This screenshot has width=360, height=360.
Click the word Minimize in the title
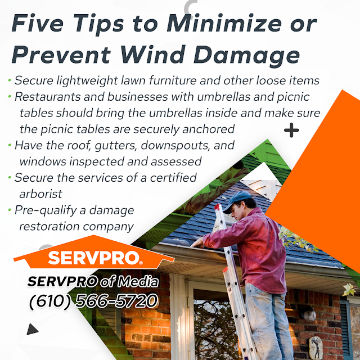224,23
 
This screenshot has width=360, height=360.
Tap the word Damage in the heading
247,56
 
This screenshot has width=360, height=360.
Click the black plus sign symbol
291,130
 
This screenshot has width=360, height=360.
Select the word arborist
40,194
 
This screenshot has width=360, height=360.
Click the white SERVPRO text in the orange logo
94,258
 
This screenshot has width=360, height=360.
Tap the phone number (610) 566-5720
94,301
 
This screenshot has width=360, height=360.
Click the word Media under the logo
138,281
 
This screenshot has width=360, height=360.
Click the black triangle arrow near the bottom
32,329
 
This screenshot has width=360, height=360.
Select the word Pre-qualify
46,210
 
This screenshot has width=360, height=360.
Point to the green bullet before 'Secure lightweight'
10,80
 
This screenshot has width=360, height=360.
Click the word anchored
208,129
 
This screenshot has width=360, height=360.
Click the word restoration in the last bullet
49,227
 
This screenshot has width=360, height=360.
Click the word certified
173,178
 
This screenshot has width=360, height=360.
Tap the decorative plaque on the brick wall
316,348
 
